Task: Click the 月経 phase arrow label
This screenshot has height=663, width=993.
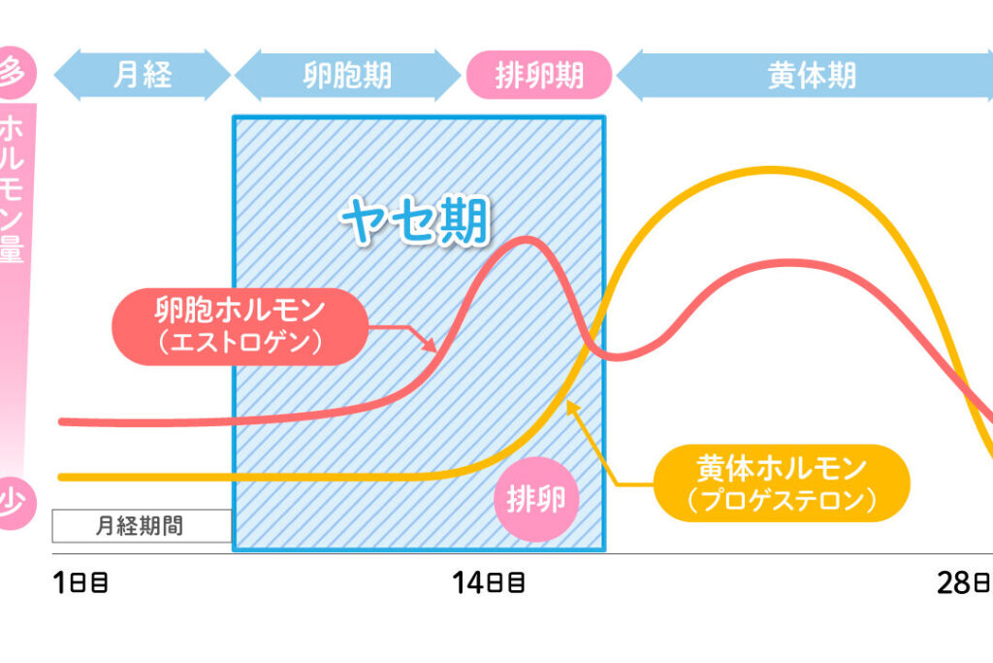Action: (x=142, y=76)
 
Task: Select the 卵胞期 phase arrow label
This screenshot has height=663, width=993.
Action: (x=346, y=76)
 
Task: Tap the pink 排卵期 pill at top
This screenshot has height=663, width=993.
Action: (x=538, y=76)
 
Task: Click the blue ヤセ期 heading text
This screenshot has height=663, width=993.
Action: (x=415, y=223)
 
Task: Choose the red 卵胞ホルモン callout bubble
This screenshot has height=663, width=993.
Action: (x=240, y=326)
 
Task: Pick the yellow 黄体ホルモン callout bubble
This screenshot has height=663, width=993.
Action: (x=781, y=483)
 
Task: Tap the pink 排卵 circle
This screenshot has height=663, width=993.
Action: (x=536, y=500)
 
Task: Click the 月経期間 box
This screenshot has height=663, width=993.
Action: (x=142, y=526)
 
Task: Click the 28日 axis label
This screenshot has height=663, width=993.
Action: (x=964, y=583)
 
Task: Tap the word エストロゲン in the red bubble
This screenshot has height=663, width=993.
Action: (x=240, y=341)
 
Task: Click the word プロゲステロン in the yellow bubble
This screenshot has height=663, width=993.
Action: (x=781, y=499)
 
